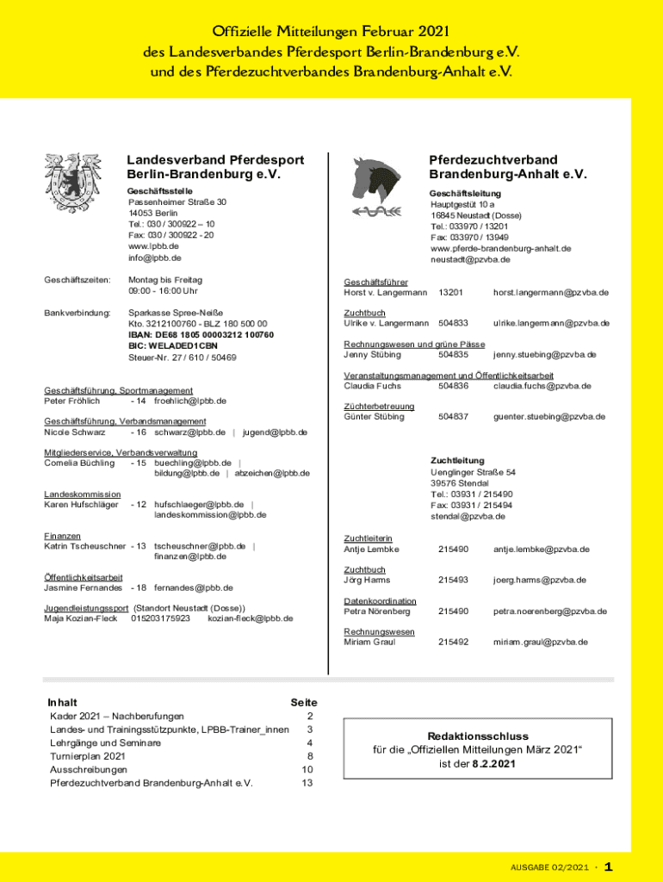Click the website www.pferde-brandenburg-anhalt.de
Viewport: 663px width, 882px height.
(500, 248)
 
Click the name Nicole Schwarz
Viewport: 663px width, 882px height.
(75, 432)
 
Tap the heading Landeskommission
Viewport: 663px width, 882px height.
(83, 494)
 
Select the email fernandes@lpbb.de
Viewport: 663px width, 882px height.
(194, 587)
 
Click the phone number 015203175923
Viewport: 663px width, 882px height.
(160, 618)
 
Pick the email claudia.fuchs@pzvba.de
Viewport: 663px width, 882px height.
(542, 386)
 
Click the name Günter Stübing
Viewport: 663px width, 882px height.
(374, 417)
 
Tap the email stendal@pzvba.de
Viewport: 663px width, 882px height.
(468, 517)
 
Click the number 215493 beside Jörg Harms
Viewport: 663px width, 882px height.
(453, 580)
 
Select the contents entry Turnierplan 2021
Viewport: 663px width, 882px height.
(88, 756)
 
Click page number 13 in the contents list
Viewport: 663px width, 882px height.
(307, 783)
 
